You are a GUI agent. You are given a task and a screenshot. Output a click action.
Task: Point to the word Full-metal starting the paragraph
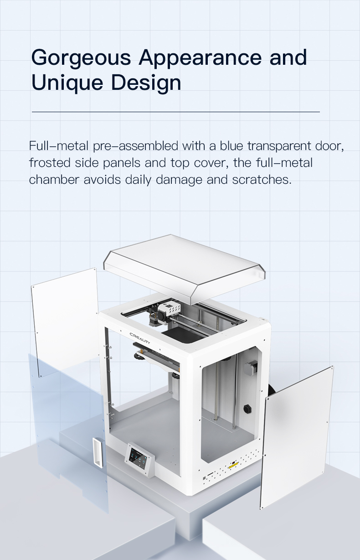(x=59, y=146)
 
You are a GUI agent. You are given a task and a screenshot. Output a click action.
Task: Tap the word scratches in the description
(x=262, y=180)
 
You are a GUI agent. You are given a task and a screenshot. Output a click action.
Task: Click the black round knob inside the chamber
(x=247, y=409)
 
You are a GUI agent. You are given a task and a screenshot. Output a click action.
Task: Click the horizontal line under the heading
(x=176, y=112)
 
